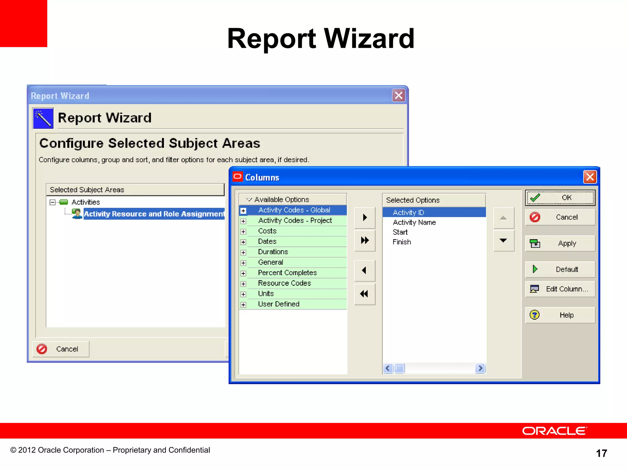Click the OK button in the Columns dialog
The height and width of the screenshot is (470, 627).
pyautogui.click(x=560, y=198)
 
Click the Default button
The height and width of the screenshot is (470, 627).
pyautogui.click(x=560, y=269)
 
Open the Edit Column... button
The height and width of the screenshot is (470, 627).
pyautogui.click(x=560, y=289)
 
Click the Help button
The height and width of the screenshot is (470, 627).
pyautogui.click(x=560, y=315)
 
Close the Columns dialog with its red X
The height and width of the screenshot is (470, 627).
pyautogui.click(x=590, y=177)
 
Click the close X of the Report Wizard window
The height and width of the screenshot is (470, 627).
pyautogui.click(x=398, y=95)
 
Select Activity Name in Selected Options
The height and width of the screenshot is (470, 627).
pyautogui.click(x=414, y=222)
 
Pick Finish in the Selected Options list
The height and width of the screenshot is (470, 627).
pyautogui.click(x=402, y=242)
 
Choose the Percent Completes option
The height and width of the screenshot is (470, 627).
pyautogui.click(x=287, y=273)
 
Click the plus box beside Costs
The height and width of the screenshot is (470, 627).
pyautogui.click(x=243, y=232)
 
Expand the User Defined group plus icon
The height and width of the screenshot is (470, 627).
pyautogui.click(x=243, y=305)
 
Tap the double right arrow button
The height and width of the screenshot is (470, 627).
pyautogui.click(x=365, y=240)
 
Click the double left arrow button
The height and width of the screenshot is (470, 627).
pyautogui.click(x=364, y=294)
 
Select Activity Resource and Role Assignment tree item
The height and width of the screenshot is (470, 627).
pyautogui.click(x=154, y=214)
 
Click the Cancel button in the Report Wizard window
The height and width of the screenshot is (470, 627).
pyautogui.click(x=61, y=349)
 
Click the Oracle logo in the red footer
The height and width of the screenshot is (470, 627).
pyautogui.click(x=554, y=431)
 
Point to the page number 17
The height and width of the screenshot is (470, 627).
pyautogui.click(x=601, y=453)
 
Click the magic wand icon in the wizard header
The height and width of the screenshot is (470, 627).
pyautogui.click(x=43, y=118)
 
